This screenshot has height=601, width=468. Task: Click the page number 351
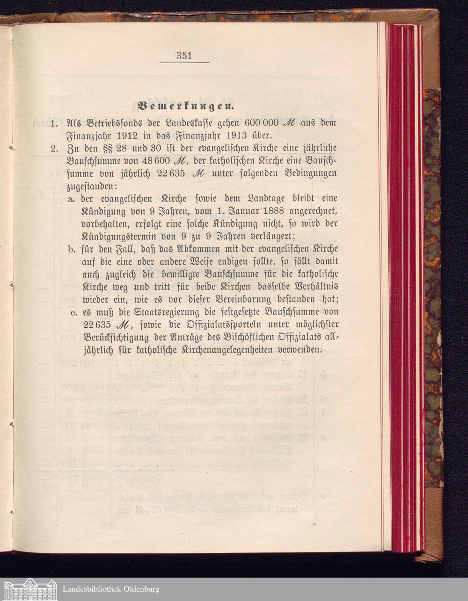tap(184, 56)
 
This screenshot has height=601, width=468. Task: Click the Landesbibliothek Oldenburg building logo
tap(29, 589)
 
